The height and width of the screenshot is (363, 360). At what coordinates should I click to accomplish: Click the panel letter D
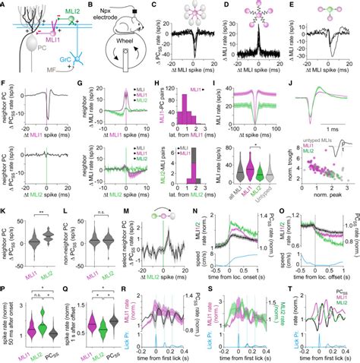click(226, 5)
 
